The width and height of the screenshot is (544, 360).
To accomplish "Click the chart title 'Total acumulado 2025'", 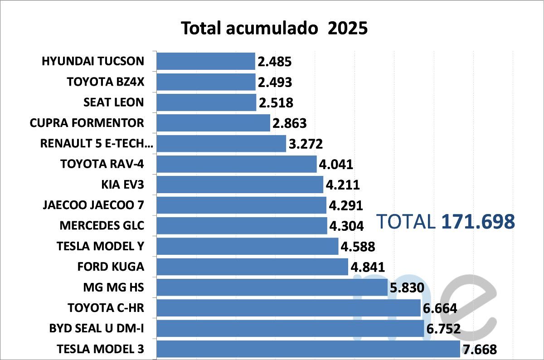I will pos(274,28).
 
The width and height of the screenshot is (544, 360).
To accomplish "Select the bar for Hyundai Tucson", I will pos(206,61).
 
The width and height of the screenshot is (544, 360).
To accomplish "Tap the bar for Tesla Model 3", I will pos(308,349).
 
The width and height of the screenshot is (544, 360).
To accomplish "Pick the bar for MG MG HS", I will pos(272,287).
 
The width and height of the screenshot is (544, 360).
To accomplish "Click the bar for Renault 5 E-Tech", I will pos(221,144).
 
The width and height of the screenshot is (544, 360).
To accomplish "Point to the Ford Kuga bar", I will pos(252,267).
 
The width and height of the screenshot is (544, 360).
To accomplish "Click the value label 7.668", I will pos(480,350).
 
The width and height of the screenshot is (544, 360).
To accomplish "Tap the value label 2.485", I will pos(274,62).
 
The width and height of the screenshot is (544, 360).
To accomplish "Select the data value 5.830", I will pos(407,288).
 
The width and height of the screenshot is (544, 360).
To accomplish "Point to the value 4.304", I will pos(346,226).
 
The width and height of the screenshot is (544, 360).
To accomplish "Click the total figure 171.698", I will pos(478,221).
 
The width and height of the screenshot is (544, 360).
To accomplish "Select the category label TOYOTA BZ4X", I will pos(105,82).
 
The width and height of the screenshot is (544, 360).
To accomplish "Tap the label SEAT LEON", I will pos(113,102).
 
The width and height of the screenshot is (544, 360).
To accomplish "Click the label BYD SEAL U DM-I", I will pos(97,328).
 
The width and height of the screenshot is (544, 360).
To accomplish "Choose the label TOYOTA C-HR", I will pos(106,308).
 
